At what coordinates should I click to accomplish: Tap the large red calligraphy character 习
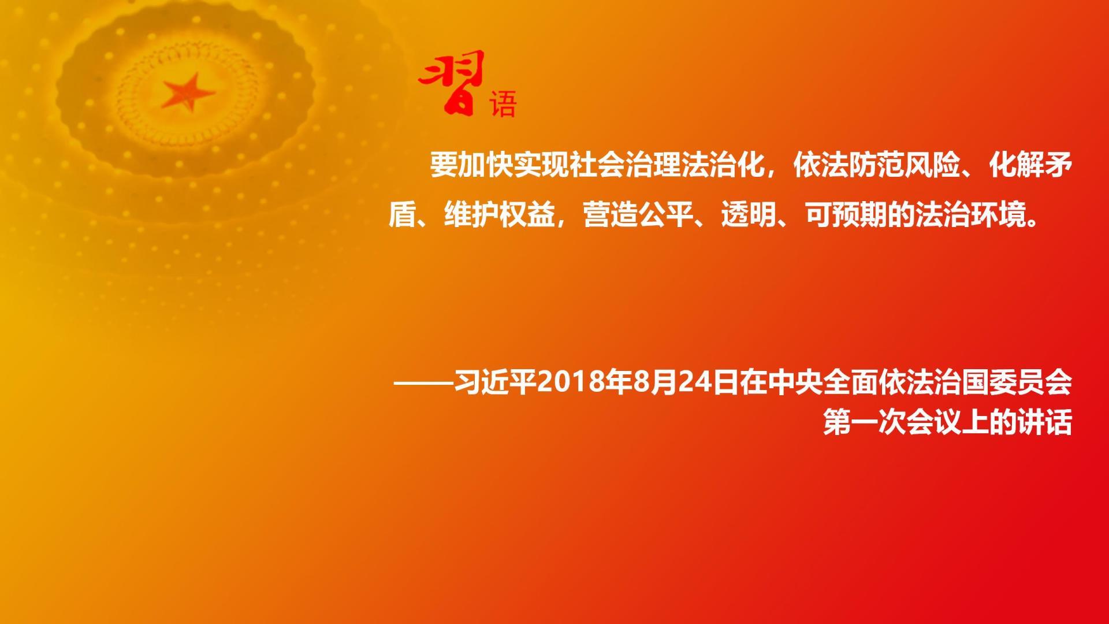(452, 83)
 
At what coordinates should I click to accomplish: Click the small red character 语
(503, 104)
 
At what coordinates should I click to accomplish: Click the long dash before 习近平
(423, 382)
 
